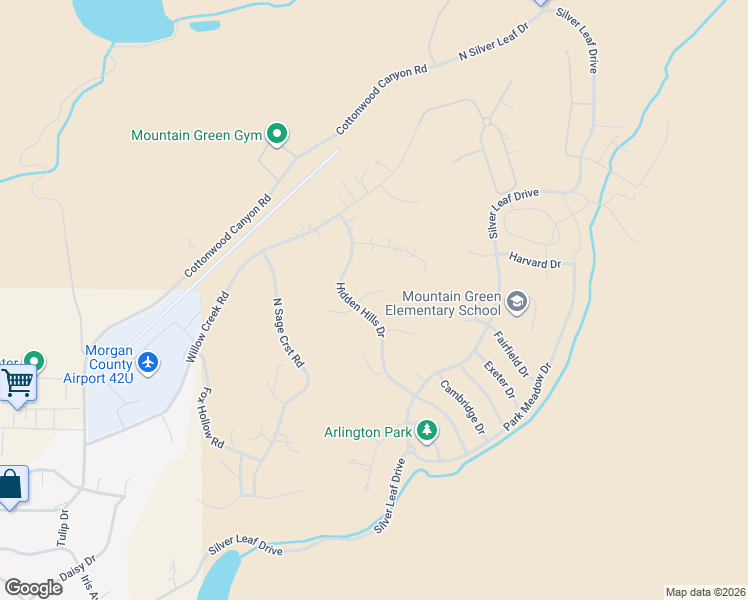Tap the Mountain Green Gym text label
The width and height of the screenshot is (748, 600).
coord(195,135)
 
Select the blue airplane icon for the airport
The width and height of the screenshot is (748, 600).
coord(149,361)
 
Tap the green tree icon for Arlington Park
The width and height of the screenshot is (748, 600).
coord(427,431)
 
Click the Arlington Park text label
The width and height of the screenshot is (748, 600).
coord(367,433)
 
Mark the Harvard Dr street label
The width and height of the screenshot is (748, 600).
coord(536,262)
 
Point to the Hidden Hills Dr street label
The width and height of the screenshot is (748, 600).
coord(360,309)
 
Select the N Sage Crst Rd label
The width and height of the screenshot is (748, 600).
coord(288,333)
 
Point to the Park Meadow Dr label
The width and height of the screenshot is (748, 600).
coord(528,397)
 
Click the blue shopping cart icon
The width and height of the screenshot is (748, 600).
coord(16,382)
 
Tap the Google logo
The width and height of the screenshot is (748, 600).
coord(33,588)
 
